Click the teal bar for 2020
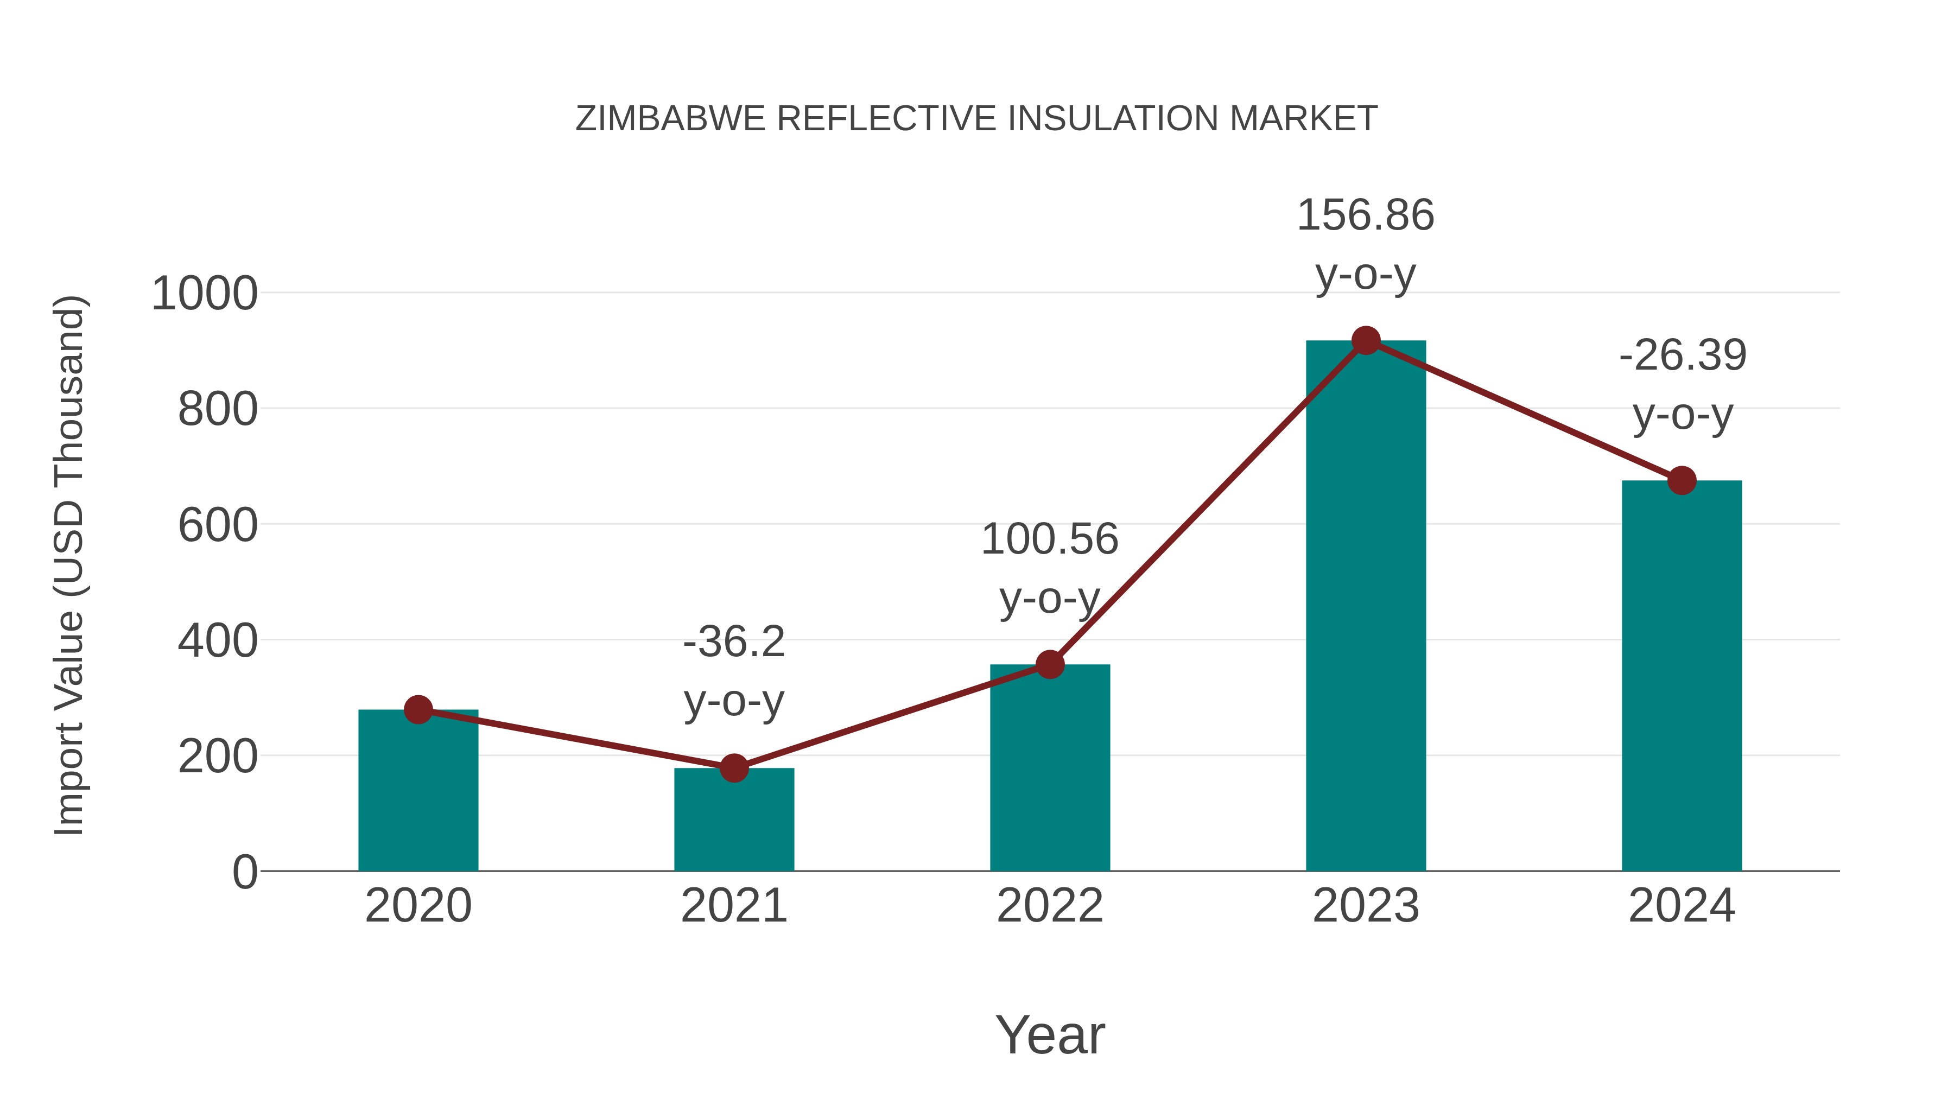[418, 792]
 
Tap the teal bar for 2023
[1366, 607]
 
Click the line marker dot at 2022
[1050, 664]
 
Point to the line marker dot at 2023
[1366, 340]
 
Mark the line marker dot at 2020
[418, 710]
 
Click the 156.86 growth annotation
[1366, 244]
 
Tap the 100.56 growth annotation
[1050, 568]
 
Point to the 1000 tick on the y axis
[204, 294]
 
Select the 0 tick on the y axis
[244, 872]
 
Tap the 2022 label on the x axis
[1050, 906]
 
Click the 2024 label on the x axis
[1682, 906]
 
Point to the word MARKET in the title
[1303, 119]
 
